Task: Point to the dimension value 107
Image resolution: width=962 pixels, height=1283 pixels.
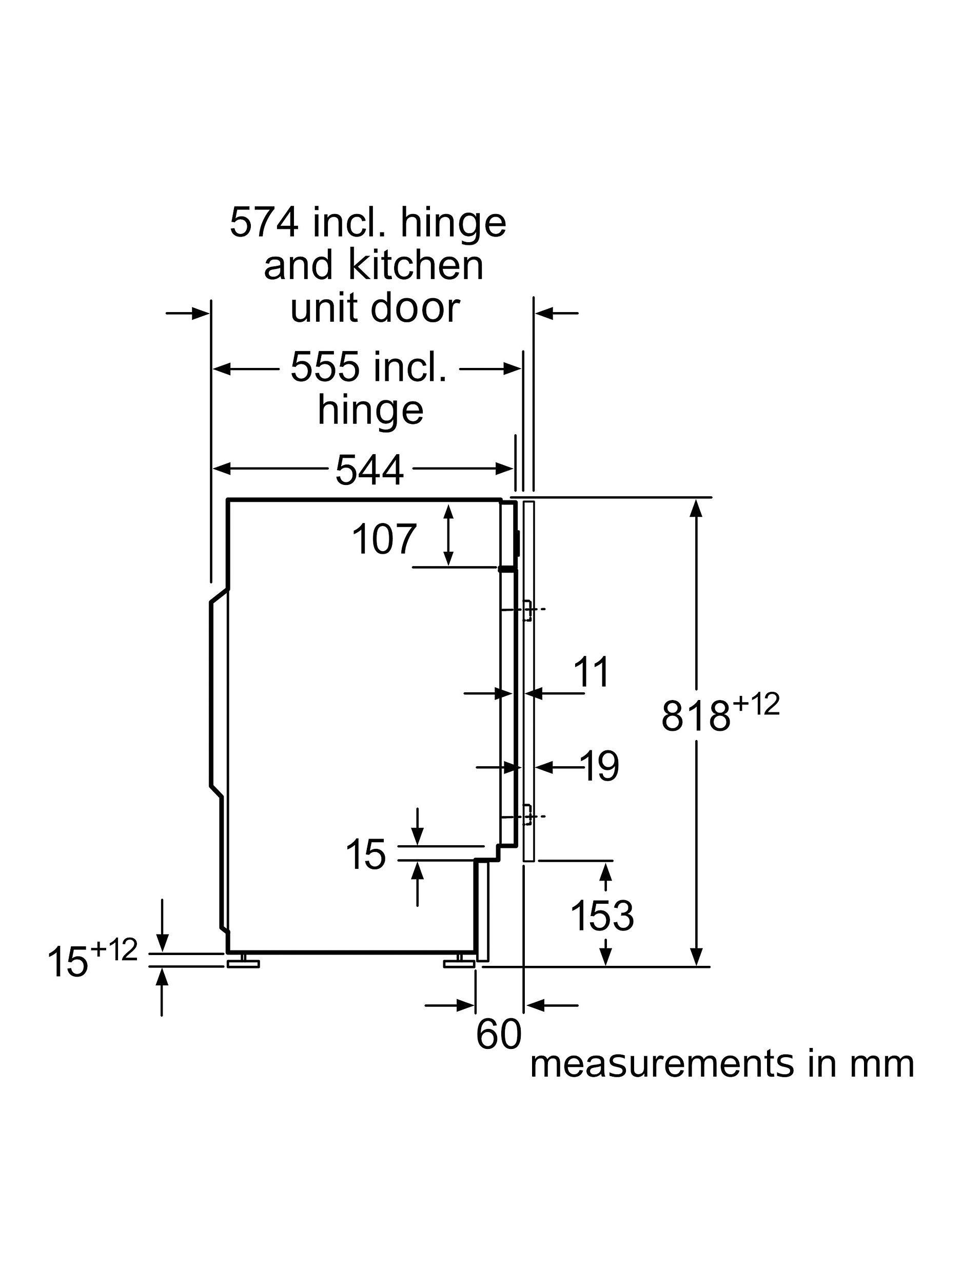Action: coord(384,539)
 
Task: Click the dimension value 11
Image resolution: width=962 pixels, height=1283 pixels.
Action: coord(591,672)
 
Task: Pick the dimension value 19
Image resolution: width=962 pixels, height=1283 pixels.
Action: coord(599,766)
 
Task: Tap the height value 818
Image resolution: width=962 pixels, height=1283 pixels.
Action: coord(695,716)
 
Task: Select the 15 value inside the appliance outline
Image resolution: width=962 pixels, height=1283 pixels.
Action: coord(365,854)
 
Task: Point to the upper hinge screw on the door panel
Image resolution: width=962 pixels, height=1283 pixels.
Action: coord(528,610)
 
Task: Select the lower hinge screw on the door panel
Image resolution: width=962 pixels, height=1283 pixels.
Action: coord(528,816)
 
